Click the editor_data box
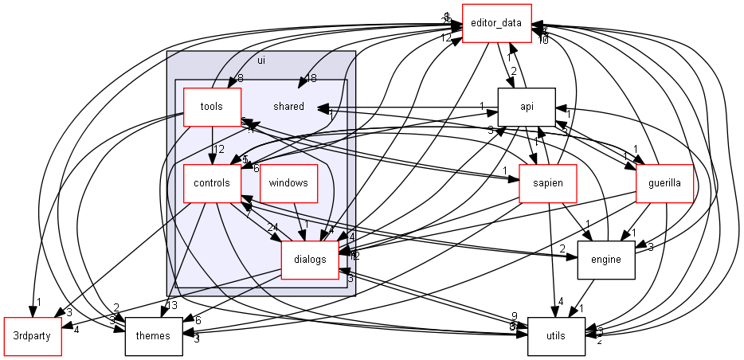pos(496,23)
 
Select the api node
pos(526,106)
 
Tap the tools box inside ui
pos(212,107)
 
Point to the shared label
pos(288,107)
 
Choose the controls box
pos(212,183)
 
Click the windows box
pos(288,183)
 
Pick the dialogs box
pos(310,260)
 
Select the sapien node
pos(547,183)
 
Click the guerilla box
pos(665,183)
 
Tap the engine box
pos(606,260)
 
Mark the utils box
pos(557,336)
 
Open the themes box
pos(153,336)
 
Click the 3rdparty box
pos(32,336)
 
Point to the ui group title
pos(261,61)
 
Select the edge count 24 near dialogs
pos(272,227)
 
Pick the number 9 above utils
pos(515,316)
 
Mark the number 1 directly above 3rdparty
pos(37,302)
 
